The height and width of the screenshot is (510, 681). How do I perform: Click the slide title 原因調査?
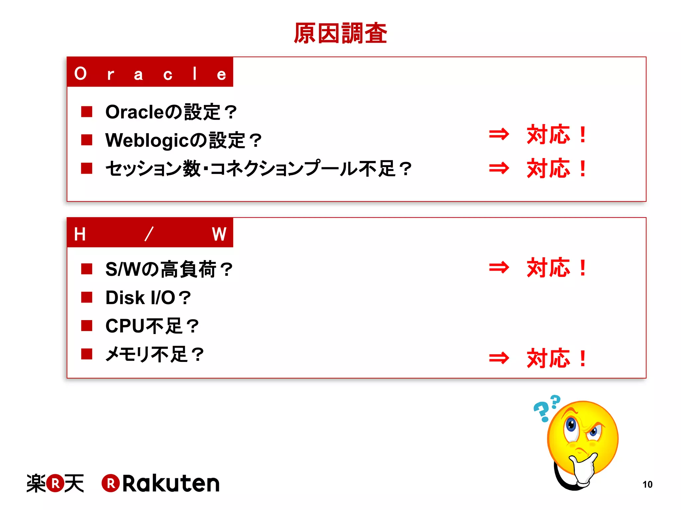[x=340, y=33]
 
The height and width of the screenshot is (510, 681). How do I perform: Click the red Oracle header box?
[x=150, y=72]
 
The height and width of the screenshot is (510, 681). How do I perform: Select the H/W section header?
[x=150, y=233]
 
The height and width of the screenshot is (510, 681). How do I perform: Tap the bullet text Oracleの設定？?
[x=171, y=112]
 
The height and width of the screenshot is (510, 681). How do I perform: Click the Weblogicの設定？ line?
[x=183, y=140]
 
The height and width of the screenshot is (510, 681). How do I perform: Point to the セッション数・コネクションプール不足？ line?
[x=258, y=168]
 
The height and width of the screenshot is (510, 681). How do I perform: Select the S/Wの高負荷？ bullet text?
[x=169, y=269]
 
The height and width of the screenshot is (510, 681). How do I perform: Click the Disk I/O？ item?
[x=148, y=297]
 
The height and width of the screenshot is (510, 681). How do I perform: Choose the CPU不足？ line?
[x=152, y=326]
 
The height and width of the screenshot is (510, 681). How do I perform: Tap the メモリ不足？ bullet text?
[x=154, y=354]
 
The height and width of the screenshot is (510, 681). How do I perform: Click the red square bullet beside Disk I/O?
[x=87, y=297]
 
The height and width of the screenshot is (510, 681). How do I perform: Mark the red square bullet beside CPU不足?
[x=87, y=326]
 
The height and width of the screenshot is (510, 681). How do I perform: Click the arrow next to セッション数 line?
[x=499, y=168]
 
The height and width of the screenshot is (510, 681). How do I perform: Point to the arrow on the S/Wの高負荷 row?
[x=499, y=267]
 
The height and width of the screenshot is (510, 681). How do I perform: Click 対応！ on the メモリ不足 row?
[x=557, y=358]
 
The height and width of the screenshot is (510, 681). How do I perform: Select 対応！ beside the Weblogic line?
[x=557, y=134]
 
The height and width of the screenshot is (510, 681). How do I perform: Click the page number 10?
[x=647, y=484]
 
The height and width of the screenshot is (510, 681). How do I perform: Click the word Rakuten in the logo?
[x=171, y=483]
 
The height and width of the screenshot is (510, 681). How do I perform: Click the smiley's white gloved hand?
[x=584, y=468]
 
